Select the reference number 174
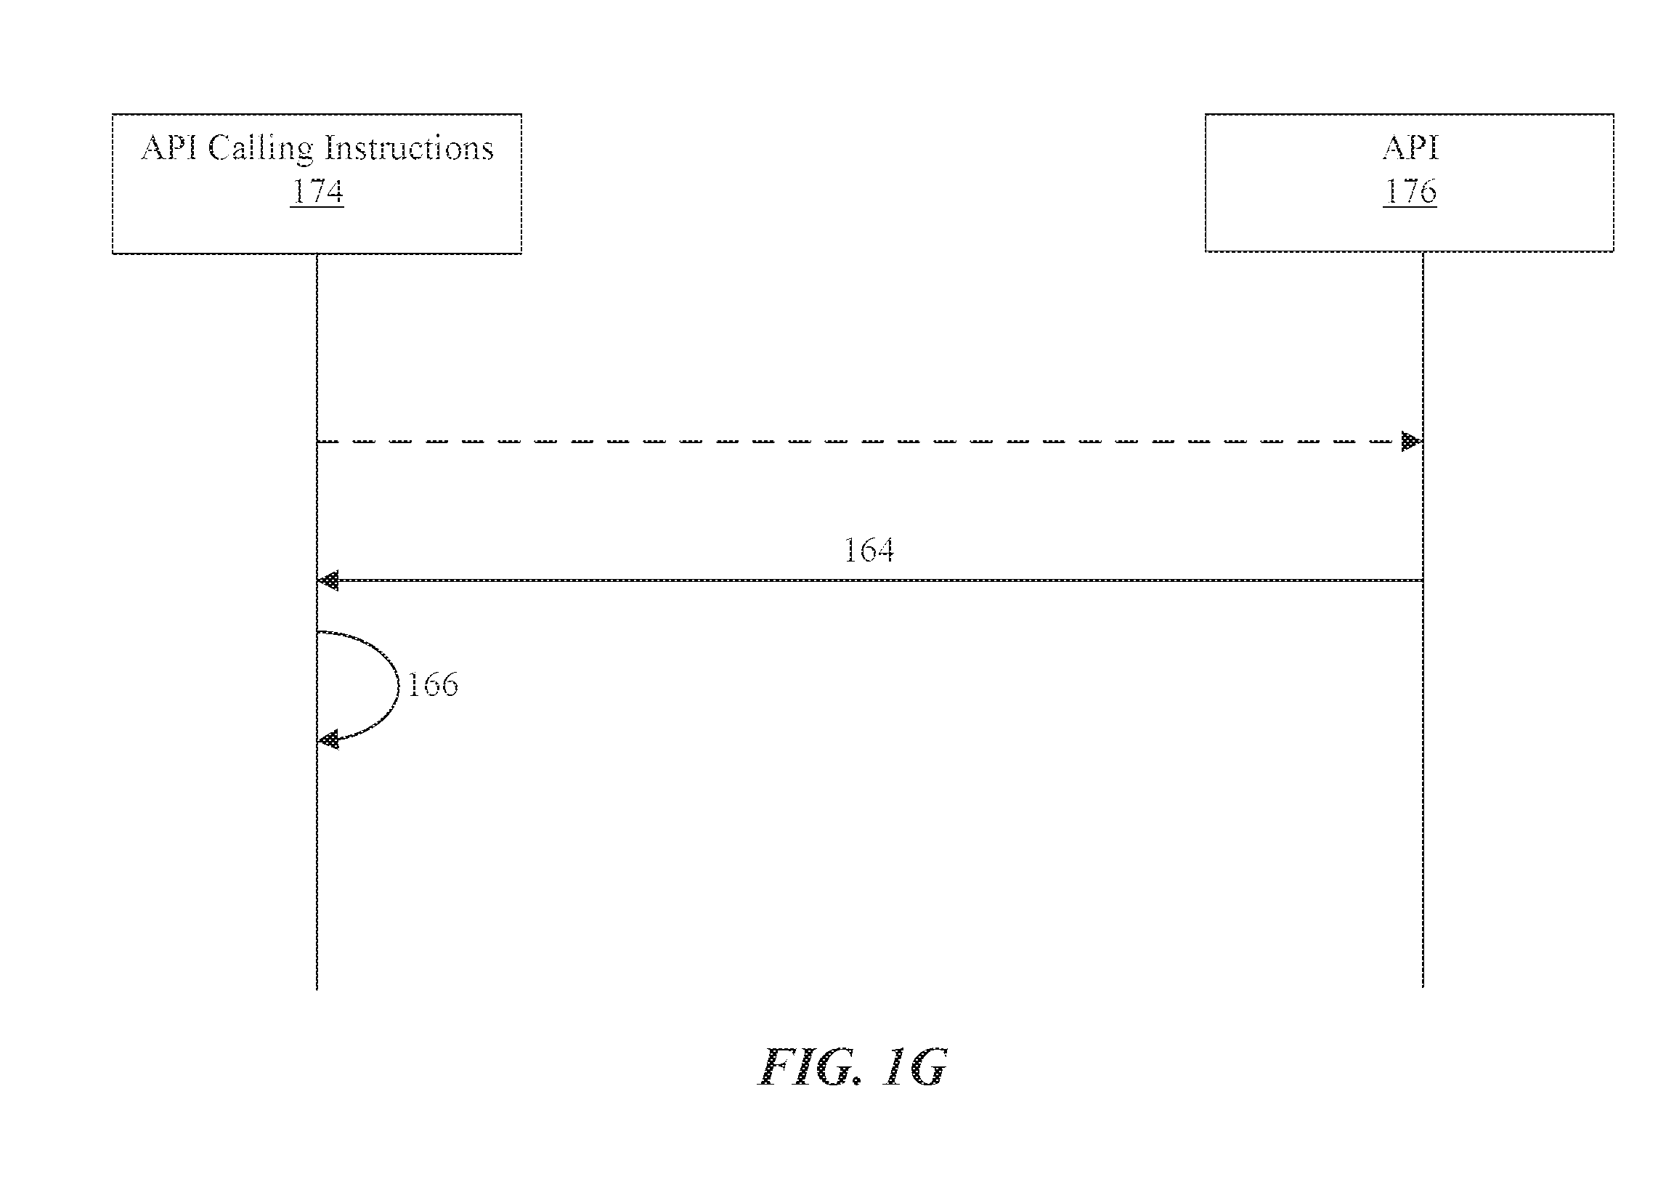[317, 190]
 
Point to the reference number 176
[1410, 190]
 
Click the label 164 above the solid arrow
[869, 551]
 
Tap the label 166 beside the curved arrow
[432, 684]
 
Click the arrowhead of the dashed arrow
[1411, 442]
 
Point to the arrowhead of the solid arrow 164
[328, 580]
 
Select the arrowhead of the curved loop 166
[328, 740]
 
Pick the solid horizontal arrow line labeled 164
[869, 580]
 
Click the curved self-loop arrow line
[399, 684]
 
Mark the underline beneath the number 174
[317, 207]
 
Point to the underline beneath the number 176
[1410, 207]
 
